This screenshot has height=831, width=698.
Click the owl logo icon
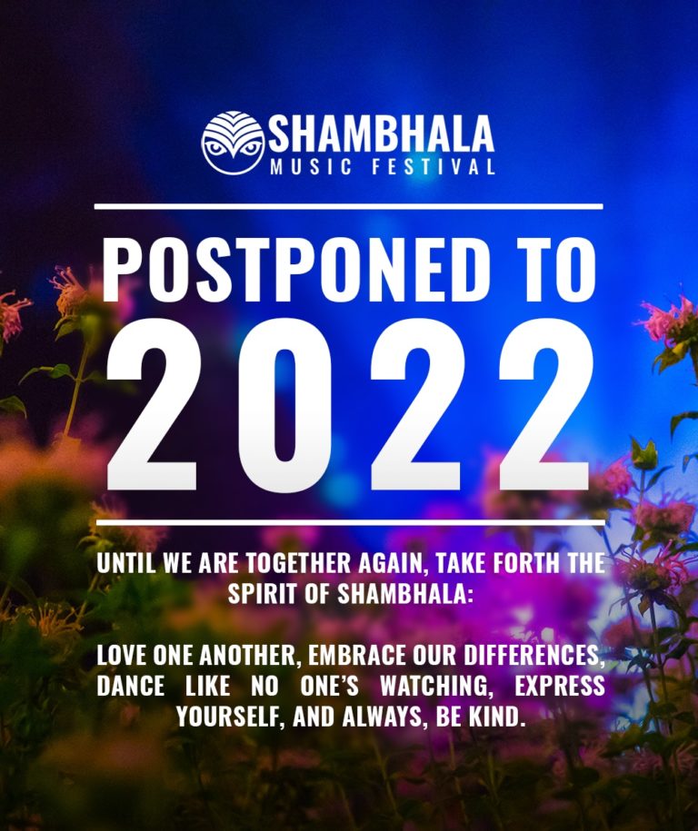233,143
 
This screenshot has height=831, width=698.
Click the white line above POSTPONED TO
348,207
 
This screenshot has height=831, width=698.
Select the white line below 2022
348,522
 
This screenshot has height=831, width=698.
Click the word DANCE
131,686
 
